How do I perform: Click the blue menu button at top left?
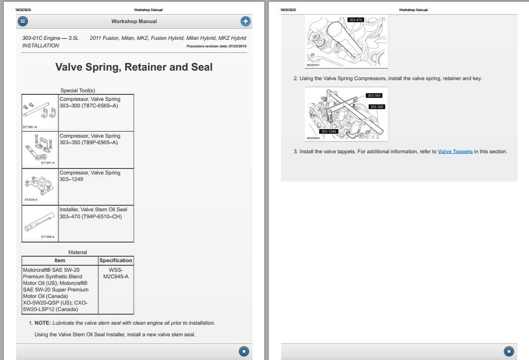(x=23, y=21)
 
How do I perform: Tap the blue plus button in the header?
(x=245, y=21)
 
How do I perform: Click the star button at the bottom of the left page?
(x=244, y=351)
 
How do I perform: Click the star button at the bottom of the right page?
(x=509, y=351)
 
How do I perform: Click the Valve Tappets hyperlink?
(x=455, y=151)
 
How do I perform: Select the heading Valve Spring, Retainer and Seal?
(x=134, y=67)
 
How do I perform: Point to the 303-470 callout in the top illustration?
(x=355, y=20)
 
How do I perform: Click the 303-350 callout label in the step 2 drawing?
(x=374, y=95)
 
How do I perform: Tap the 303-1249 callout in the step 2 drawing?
(x=328, y=131)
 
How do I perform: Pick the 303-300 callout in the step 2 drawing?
(x=377, y=107)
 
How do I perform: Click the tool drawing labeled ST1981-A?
(x=40, y=112)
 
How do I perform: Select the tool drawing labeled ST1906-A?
(x=40, y=223)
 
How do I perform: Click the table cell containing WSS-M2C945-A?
(x=115, y=273)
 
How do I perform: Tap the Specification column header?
(x=115, y=260)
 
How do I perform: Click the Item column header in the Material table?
(x=60, y=260)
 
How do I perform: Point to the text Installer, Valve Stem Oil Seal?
(x=93, y=209)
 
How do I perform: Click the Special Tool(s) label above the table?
(x=78, y=90)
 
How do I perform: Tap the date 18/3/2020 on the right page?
(x=288, y=10)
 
